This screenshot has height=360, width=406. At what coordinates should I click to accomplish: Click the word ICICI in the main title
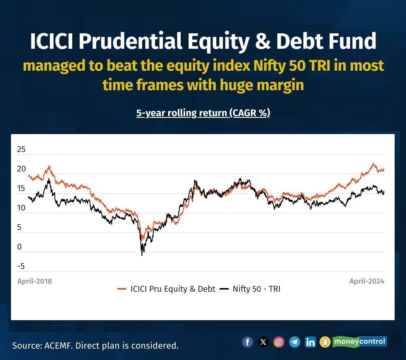(x=52, y=41)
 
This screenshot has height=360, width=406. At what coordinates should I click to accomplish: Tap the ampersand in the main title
(x=262, y=41)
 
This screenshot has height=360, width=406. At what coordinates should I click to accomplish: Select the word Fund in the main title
(x=352, y=41)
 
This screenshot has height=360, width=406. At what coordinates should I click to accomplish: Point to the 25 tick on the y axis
(x=21, y=149)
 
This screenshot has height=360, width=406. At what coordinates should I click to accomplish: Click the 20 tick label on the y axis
(x=21, y=169)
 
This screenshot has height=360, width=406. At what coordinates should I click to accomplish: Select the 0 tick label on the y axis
(x=19, y=247)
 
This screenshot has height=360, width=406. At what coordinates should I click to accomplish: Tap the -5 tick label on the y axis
(x=21, y=266)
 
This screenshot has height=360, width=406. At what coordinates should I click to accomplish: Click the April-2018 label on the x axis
(x=35, y=281)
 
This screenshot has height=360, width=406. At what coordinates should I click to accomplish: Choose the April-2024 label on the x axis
(x=367, y=281)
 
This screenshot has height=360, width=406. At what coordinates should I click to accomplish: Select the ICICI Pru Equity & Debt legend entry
(x=166, y=289)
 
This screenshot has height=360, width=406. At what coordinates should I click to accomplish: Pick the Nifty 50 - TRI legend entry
(x=250, y=289)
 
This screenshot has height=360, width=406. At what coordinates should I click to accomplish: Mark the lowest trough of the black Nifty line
(x=142, y=255)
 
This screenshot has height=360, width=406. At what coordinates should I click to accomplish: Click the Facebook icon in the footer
(x=247, y=342)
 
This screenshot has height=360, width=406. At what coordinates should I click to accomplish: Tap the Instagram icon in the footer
(x=279, y=342)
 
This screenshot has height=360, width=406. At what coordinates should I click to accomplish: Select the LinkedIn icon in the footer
(x=310, y=342)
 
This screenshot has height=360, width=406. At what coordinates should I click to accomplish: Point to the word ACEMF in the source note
(x=59, y=345)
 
